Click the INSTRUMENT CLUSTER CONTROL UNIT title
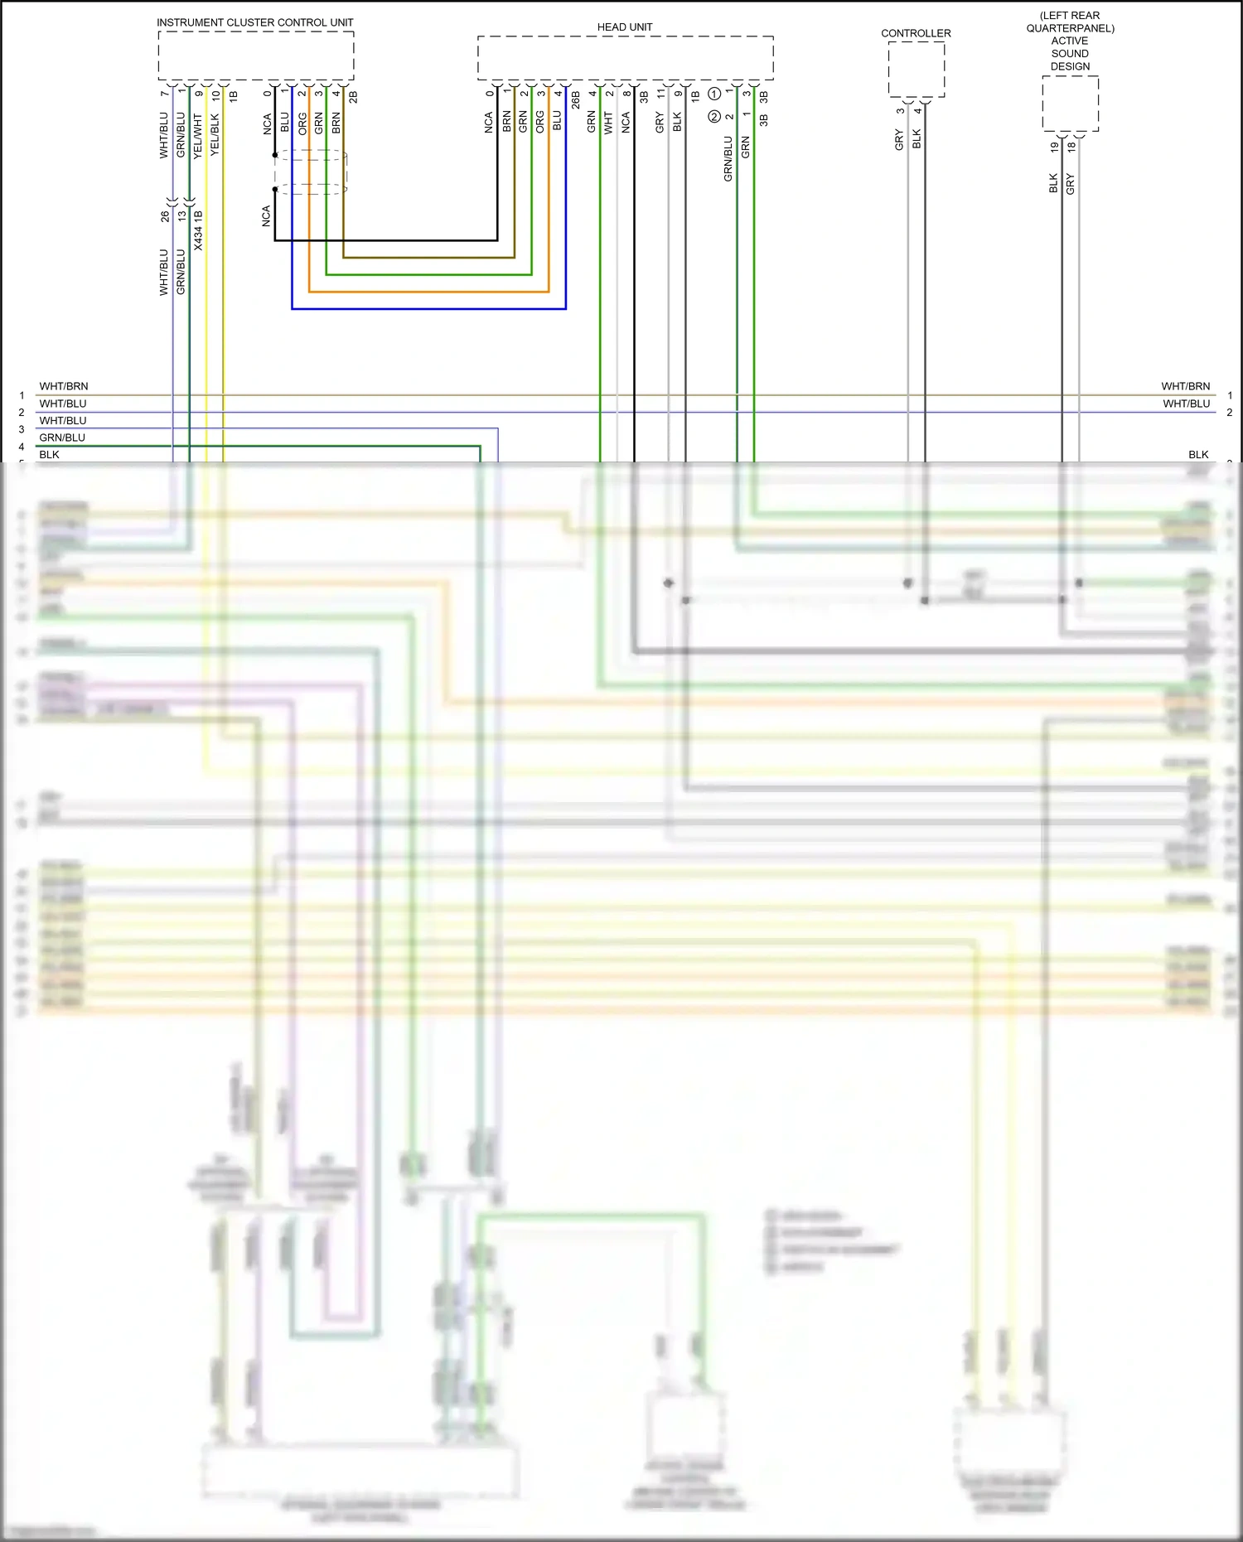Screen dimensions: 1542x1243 [x=254, y=22]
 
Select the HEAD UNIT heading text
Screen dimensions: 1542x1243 [x=624, y=27]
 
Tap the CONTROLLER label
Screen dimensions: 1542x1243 [x=916, y=33]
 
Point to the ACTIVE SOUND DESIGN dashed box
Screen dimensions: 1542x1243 [x=1070, y=104]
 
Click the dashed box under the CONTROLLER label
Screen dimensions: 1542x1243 [x=916, y=69]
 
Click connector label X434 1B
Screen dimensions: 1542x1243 [x=199, y=230]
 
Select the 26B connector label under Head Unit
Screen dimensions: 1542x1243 [x=575, y=100]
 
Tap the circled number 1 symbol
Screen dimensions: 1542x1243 [x=714, y=94]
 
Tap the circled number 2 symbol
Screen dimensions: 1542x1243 [x=714, y=117]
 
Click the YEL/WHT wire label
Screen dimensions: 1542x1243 [x=198, y=136]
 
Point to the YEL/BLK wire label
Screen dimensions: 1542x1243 [x=215, y=134]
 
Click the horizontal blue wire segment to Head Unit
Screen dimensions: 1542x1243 [x=428, y=309]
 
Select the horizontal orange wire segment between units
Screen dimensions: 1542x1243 [x=428, y=292]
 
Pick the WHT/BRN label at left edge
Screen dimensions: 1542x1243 [x=64, y=386]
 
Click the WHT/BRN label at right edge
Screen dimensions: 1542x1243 [x=1185, y=386]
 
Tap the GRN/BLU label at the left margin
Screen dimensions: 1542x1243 [x=62, y=437]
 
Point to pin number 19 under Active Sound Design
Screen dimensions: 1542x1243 [x=1054, y=147]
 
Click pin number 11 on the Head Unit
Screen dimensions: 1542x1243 [x=660, y=94]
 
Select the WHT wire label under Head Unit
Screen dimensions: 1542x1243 [x=608, y=123]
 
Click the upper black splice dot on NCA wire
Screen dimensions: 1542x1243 [x=275, y=155]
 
